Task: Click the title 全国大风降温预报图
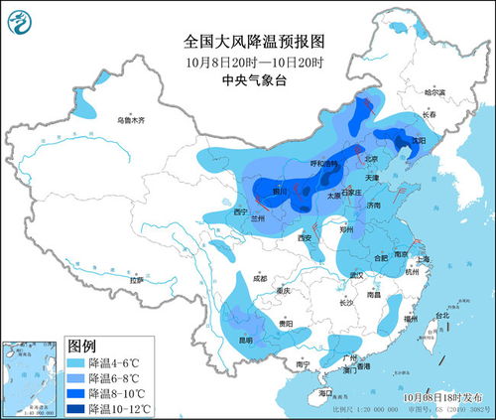coord(254,41)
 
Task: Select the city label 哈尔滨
coord(436,92)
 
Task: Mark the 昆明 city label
coord(243,340)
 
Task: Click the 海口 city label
coord(325,393)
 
